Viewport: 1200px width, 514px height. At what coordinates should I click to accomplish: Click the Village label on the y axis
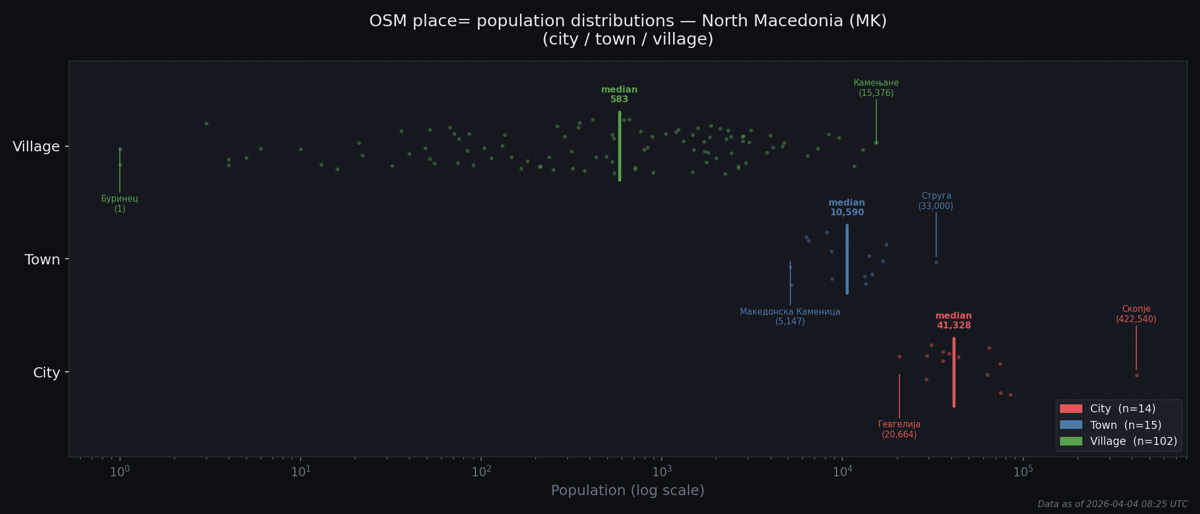click(x=36, y=147)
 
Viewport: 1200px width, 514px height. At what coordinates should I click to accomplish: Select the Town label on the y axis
click(x=42, y=260)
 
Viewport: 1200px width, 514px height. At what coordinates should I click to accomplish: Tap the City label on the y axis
click(x=46, y=373)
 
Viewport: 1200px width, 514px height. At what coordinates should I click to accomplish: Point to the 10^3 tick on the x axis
click(x=662, y=472)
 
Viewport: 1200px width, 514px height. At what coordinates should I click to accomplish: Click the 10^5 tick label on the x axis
click(x=1023, y=472)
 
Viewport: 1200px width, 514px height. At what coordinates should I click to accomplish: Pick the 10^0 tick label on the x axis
click(x=119, y=472)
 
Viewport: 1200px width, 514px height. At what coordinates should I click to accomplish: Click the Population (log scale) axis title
click(x=627, y=491)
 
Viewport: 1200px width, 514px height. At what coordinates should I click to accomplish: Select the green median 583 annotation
click(x=619, y=95)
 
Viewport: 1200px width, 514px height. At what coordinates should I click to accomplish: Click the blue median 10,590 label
click(x=847, y=208)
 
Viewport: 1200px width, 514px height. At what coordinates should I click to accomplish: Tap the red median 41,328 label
click(x=953, y=321)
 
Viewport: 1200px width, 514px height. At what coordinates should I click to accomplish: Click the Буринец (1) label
click(x=119, y=204)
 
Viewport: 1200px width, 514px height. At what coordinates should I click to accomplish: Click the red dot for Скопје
click(x=1137, y=375)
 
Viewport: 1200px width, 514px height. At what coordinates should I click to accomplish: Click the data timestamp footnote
click(x=1112, y=504)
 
